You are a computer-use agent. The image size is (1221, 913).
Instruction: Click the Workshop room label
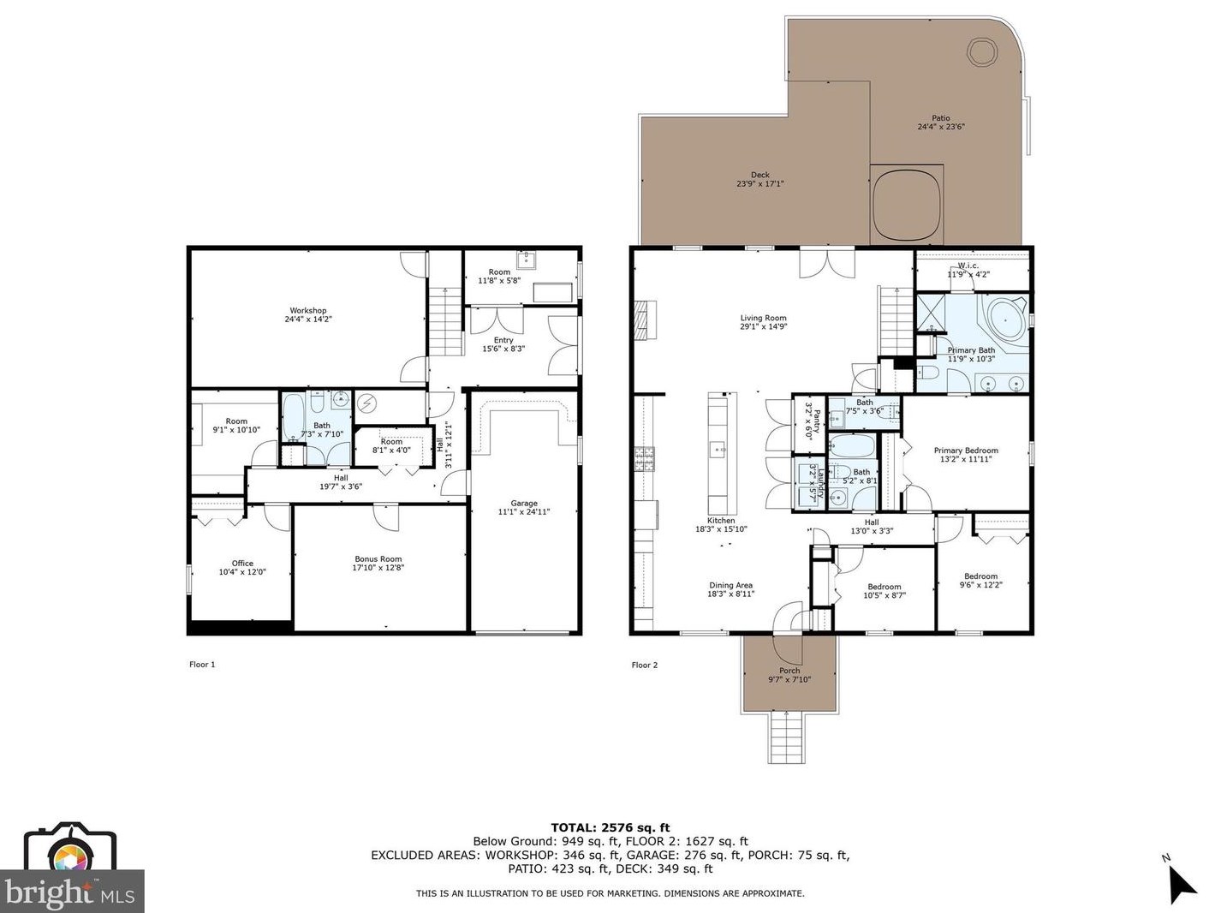coord(307,311)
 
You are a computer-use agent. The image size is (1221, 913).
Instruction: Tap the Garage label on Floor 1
coord(524,504)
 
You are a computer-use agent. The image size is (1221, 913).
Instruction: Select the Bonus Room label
coord(378,559)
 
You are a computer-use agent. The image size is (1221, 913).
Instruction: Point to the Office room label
coord(242,564)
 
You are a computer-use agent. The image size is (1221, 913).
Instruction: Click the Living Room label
coord(763,319)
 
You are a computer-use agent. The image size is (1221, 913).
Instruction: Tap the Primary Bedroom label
coord(965,451)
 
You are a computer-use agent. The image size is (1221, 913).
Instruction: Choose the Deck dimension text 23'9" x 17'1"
coord(759,184)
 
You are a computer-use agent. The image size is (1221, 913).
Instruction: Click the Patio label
coord(941,118)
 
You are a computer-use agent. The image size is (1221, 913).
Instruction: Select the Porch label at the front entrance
coord(789,671)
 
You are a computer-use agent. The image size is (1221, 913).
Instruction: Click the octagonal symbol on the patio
coord(981,51)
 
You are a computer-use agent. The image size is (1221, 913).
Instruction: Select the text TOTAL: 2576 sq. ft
coord(610,827)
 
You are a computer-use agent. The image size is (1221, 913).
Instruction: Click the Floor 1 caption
coord(202,665)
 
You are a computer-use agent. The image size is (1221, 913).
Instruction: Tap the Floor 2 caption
coord(645,665)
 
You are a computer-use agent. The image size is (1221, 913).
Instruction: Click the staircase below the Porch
coord(787,738)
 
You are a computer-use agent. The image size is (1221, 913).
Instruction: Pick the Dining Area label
coord(730,585)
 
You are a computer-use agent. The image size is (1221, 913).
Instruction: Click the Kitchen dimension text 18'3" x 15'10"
coord(721,529)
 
